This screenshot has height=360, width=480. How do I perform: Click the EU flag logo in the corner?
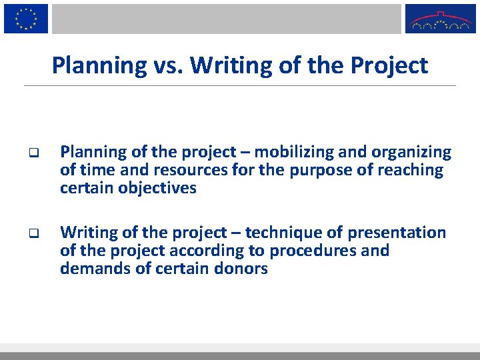pos(26,18)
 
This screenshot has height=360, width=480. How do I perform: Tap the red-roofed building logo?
pos(441,19)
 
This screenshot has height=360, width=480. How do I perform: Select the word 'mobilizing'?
pos(283,153)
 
